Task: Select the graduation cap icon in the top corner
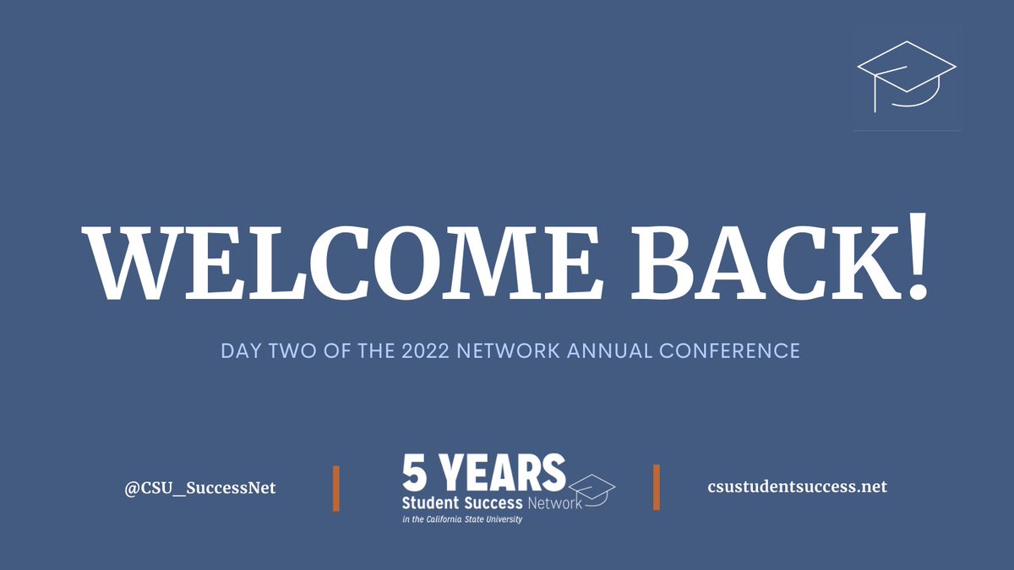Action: (907, 77)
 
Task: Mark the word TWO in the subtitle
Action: (290, 350)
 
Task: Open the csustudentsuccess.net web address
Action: (797, 486)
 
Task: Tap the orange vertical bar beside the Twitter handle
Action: (336, 487)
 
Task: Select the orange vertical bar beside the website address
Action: (657, 487)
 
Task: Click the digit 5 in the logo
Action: (417, 474)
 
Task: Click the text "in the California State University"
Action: (462, 519)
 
